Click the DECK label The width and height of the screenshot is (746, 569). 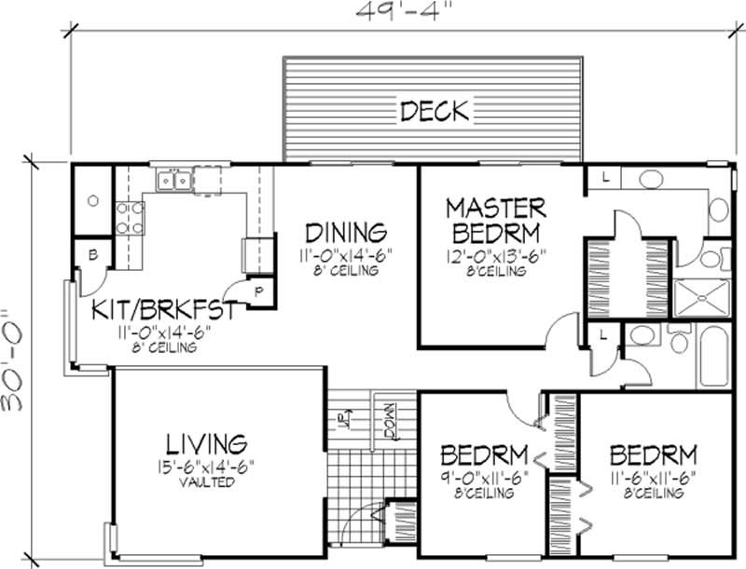pos(434,111)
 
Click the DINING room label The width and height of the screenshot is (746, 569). pos(346,231)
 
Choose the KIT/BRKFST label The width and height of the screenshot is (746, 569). pos(162,309)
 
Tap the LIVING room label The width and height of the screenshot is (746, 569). pos(206,442)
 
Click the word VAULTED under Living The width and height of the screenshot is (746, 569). pos(207,483)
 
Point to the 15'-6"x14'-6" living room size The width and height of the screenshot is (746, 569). pos(207,467)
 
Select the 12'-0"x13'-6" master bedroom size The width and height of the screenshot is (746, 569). pos(495,254)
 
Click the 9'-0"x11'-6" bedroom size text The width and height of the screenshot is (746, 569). pos(484,477)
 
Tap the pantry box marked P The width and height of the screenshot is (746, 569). pos(260,290)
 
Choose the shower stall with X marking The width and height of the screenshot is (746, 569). pos(700,297)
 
